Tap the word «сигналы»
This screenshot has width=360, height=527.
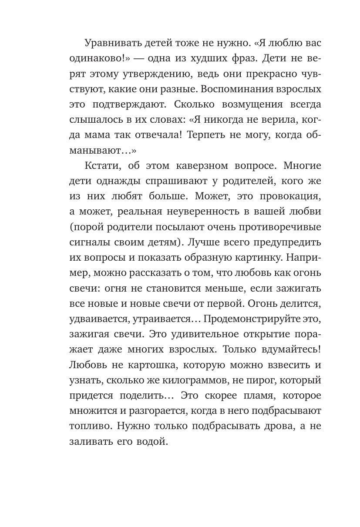point(88,242)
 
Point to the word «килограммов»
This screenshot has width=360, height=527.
point(195,380)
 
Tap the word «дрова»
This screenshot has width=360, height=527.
point(274,426)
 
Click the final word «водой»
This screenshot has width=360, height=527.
point(155,441)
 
